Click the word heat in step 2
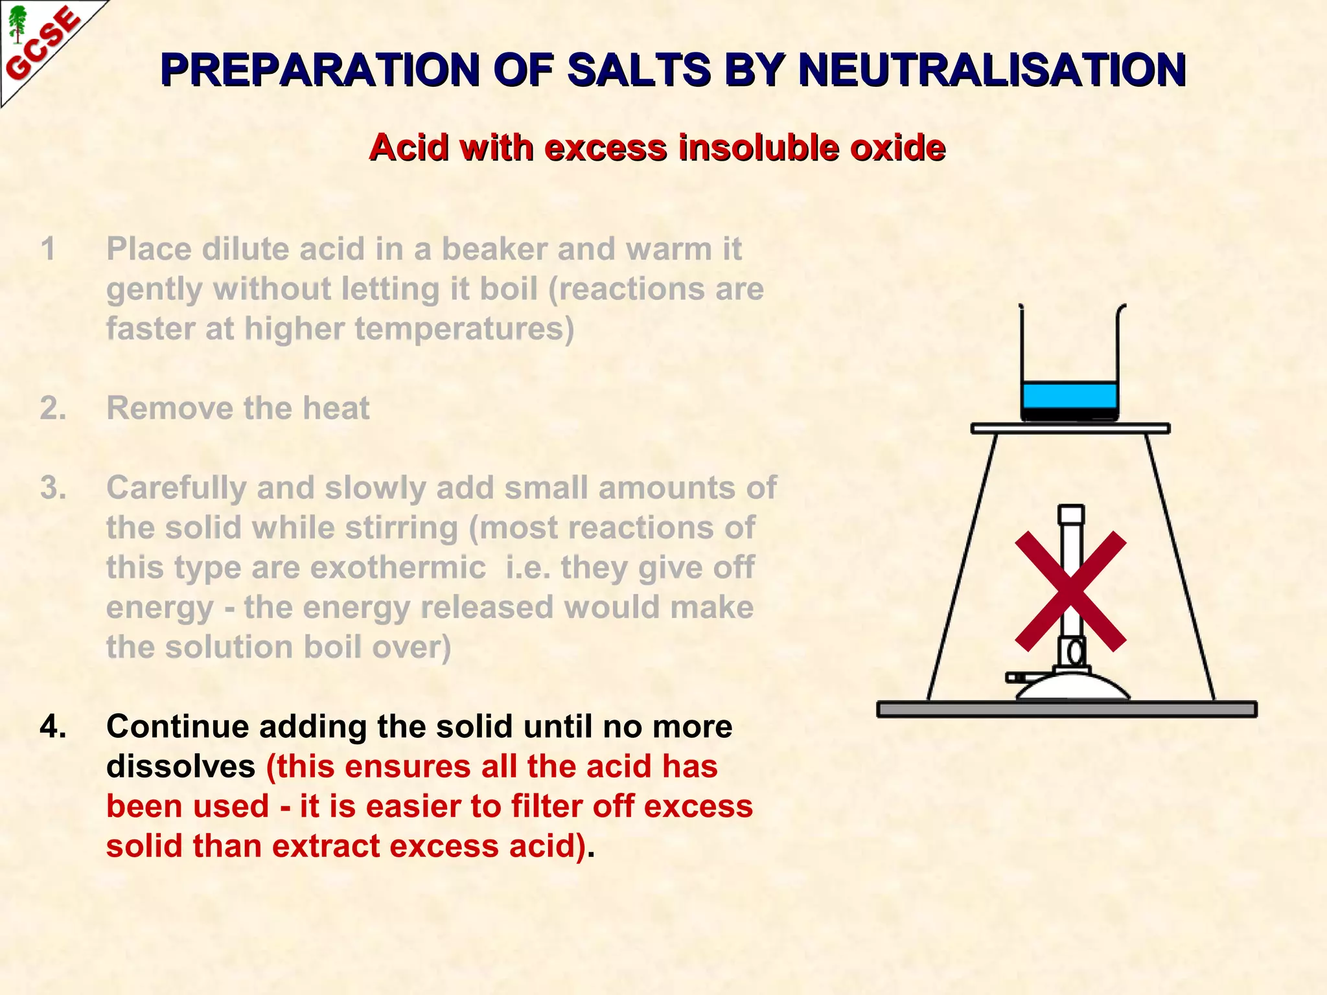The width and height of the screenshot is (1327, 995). tap(336, 409)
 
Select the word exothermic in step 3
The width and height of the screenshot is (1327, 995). tap(398, 568)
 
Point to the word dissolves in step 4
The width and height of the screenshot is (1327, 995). tap(181, 767)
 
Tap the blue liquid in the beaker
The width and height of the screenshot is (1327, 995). tap(1069, 395)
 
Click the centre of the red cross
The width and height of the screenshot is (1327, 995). tap(1070, 591)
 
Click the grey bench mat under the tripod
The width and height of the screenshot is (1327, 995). tap(1067, 709)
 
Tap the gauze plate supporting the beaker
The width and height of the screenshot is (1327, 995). tap(1070, 428)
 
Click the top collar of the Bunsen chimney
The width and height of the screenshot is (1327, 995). tap(1071, 515)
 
